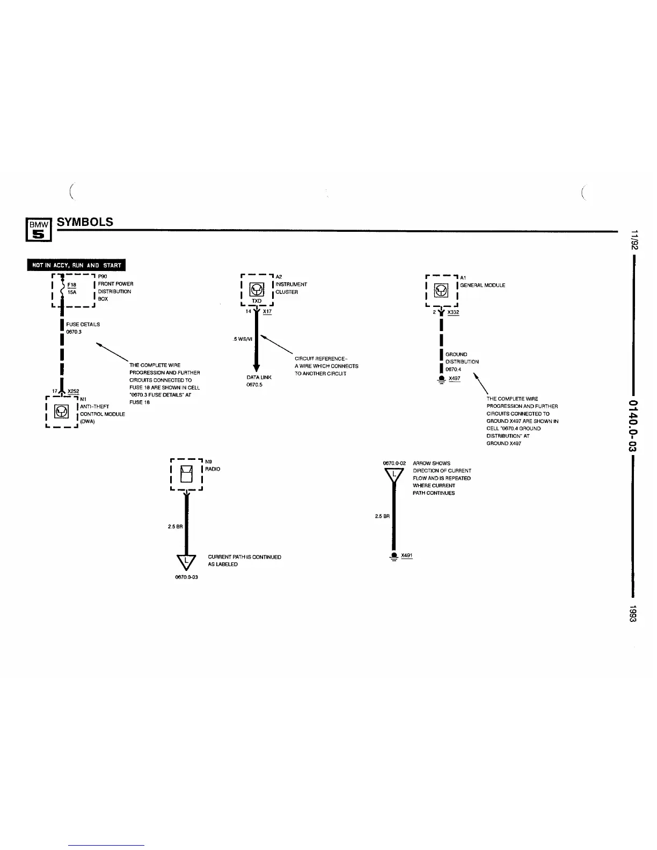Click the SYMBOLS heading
coord(85,222)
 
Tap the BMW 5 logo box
coord(39,229)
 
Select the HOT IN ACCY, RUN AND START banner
coord(77,265)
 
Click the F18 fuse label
coord(72,285)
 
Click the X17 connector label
coord(267,311)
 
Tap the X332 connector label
coord(453,312)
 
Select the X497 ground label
coord(455,378)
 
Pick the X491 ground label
coord(407,555)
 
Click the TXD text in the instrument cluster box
coord(257,301)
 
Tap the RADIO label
coord(213,469)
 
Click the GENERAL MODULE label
coord(483,285)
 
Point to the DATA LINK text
coord(259,377)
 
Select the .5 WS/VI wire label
coord(243,339)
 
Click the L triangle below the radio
coord(186,561)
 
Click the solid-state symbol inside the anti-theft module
coord(63,412)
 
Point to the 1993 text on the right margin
coord(633,614)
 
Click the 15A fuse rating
coord(72,292)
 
